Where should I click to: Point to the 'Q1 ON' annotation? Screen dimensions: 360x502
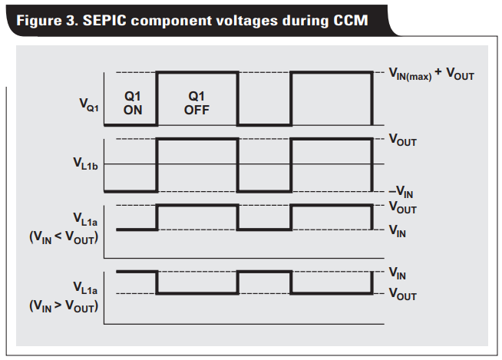[132, 103]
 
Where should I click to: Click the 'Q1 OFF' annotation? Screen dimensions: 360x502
[197, 103]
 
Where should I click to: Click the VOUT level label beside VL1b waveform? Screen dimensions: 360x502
[402, 140]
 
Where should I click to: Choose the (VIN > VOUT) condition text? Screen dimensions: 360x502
[63, 306]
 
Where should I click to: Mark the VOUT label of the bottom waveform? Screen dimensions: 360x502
[402, 295]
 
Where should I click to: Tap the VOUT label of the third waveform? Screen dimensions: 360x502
[402, 207]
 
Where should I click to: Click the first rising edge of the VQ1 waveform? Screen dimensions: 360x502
[157, 98]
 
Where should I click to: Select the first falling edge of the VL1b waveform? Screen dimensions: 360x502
[237, 164]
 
